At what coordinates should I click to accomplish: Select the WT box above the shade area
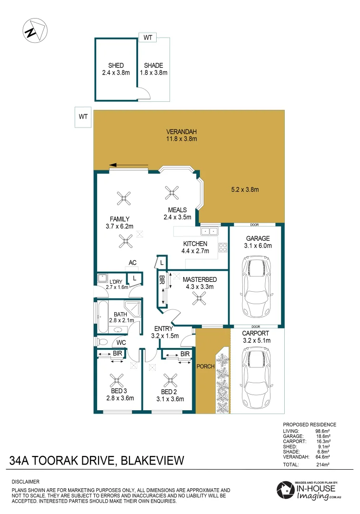pos(148,38)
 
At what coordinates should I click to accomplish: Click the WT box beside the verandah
pos(83,117)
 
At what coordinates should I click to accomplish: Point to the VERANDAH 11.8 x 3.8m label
pos(181,135)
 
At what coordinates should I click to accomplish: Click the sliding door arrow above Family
pos(129,166)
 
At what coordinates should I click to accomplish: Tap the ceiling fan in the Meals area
pos(171,192)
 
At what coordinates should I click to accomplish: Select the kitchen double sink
pos(210,231)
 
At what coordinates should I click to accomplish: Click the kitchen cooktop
pos(222,247)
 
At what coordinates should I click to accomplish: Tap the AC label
pos(133,263)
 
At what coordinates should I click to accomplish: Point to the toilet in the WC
pos(101,341)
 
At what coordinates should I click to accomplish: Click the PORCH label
pos(206,366)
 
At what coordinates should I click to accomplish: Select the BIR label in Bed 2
pos(185,354)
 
